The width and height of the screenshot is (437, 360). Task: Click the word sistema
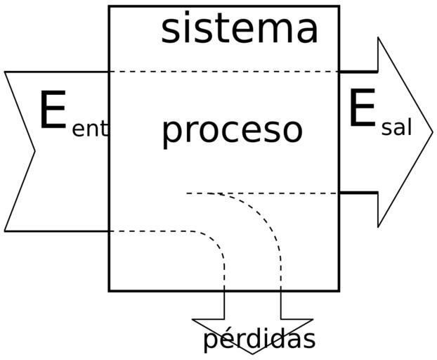pyautogui.click(x=240, y=30)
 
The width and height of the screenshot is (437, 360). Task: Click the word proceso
pyautogui.click(x=233, y=130)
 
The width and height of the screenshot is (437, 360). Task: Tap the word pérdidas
pyautogui.click(x=259, y=340)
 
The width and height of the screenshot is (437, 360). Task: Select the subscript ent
pyautogui.click(x=90, y=130)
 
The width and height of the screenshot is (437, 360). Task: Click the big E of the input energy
pyautogui.click(x=53, y=111)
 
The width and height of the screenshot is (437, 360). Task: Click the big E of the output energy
pyautogui.click(x=362, y=110)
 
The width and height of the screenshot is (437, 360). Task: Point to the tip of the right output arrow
pyautogui.click(x=433, y=132)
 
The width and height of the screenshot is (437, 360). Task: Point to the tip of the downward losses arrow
pyautogui.click(x=252, y=354)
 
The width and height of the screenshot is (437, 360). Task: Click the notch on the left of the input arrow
pyautogui.click(x=34, y=150)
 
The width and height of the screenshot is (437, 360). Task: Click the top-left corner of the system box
pyautogui.click(x=109, y=6)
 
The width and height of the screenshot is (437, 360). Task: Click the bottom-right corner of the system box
pyautogui.click(x=339, y=290)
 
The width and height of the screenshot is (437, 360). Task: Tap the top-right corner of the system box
pyautogui.click(x=339, y=6)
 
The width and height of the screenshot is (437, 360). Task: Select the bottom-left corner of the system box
pyautogui.click(x=109, y=290)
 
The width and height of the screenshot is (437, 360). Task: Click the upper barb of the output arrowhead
pyautogui.click(x=379, y=38)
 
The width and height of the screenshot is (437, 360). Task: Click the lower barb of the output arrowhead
pyautogui.click(x=379, y=226)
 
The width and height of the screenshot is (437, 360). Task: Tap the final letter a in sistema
pyautogui.click(x=308, y=32)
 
